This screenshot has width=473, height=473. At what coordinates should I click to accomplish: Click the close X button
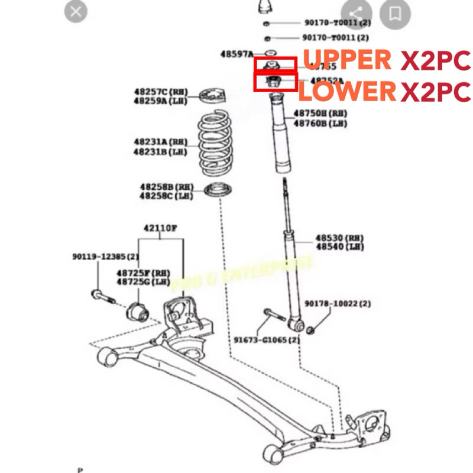point(76,11)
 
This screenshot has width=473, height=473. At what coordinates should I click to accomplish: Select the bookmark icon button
point(396,12)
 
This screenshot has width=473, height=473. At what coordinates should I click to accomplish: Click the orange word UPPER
point(348,60)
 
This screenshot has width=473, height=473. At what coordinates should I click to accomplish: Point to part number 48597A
point(237,54)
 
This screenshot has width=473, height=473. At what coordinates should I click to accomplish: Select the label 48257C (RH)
point(160,92)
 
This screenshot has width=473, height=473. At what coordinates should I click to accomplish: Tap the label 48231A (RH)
point(160,142)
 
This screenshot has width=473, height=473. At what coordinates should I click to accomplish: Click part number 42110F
point(160,228)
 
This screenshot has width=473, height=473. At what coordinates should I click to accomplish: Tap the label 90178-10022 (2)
point(338,304)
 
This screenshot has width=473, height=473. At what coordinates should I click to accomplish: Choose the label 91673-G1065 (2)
point(266,341)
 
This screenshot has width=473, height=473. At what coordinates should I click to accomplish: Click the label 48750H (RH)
point(319,114)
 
